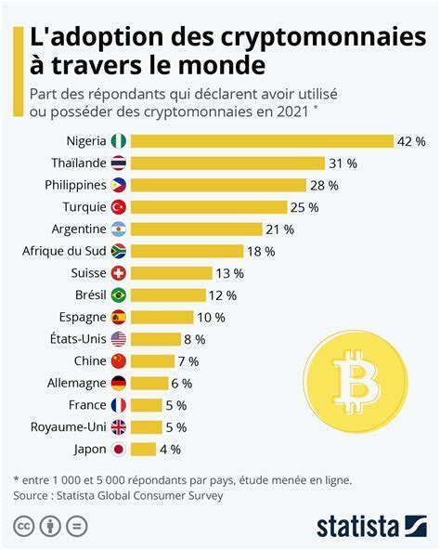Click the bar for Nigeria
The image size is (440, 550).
pos(262,141)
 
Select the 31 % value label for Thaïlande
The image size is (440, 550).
pos(343,164)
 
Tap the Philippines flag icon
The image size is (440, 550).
pos(118,185)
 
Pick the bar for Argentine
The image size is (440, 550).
pos(196,229)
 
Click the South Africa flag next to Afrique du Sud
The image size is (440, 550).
pos(118,251)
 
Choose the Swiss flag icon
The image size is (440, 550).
pos(118,273)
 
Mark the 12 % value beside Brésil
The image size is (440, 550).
pos(222,295)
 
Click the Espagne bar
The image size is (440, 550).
pos(162,317)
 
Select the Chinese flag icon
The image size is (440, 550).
pos(118,361)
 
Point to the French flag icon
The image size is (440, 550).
pos(118,405)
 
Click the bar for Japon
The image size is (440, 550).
pos(143,449)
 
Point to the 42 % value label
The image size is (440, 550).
pos(411,141)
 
